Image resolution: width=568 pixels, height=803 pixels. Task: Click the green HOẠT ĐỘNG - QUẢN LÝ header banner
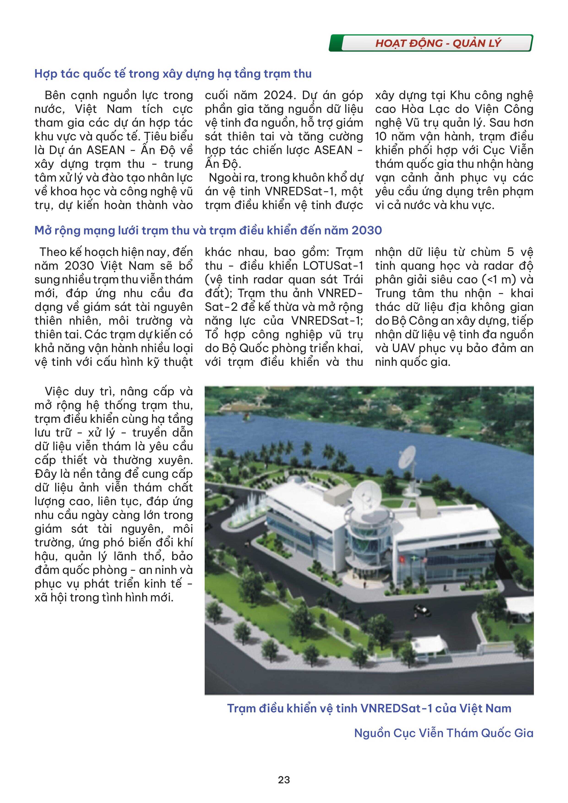click(431, 43)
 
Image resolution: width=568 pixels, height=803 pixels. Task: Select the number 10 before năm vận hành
click(380, 136)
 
